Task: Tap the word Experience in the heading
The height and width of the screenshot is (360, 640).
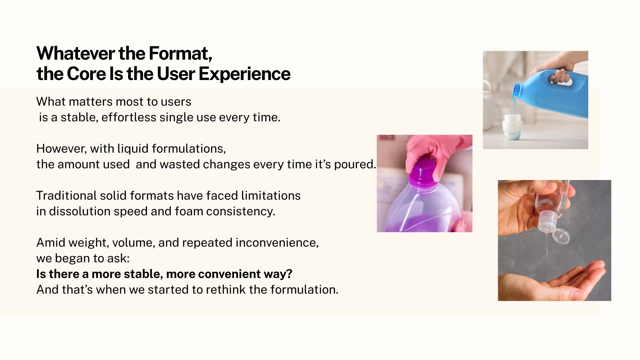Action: [244, 74]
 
